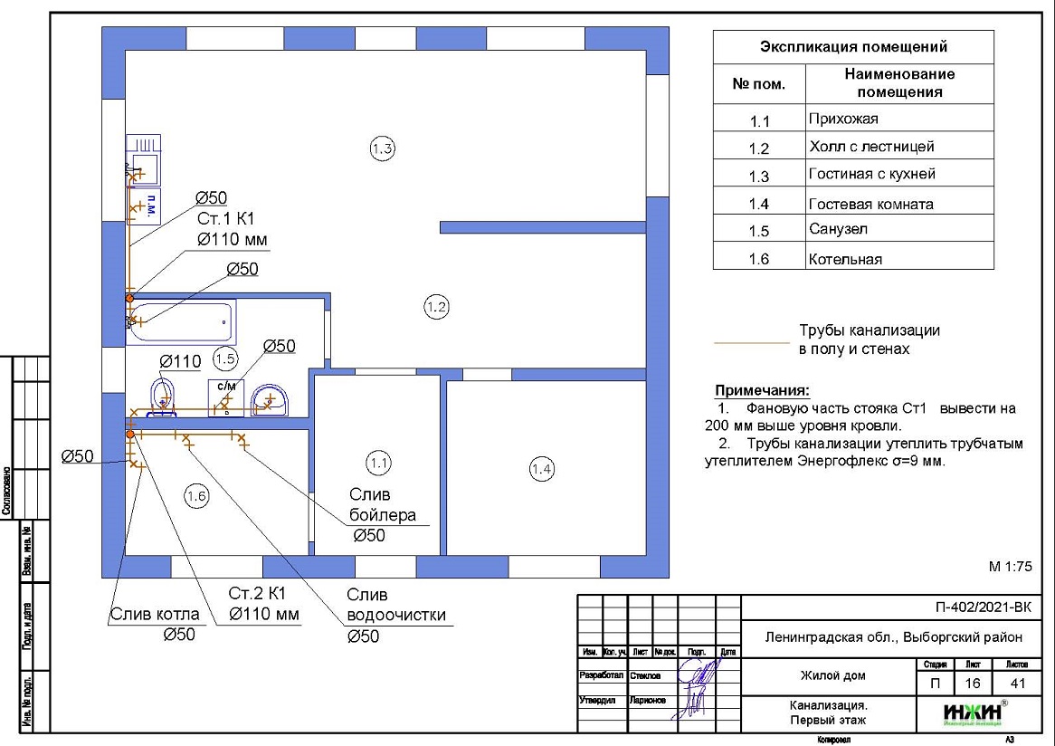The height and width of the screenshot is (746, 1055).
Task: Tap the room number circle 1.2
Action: pos(436,308)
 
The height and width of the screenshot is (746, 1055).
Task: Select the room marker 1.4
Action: pos(541,469)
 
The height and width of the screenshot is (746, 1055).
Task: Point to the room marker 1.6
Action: pos(196,495)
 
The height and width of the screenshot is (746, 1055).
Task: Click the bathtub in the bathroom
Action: pos(181,321)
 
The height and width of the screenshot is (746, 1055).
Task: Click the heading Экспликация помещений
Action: pos(853,47)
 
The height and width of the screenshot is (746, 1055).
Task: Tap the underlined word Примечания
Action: pos(762,391)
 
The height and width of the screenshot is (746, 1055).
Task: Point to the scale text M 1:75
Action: pos(1011,567)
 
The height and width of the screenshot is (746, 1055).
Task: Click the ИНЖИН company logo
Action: pos(972,713)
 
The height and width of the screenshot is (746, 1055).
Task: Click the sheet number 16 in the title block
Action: pos(973,684)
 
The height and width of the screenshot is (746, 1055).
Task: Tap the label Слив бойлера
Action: pos(383,505)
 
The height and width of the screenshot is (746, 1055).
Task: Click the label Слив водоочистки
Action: pos(396,606)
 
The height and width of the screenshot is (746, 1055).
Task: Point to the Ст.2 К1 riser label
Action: pos(257,594)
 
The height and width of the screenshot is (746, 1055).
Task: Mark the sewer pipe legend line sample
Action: pos(751,343)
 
